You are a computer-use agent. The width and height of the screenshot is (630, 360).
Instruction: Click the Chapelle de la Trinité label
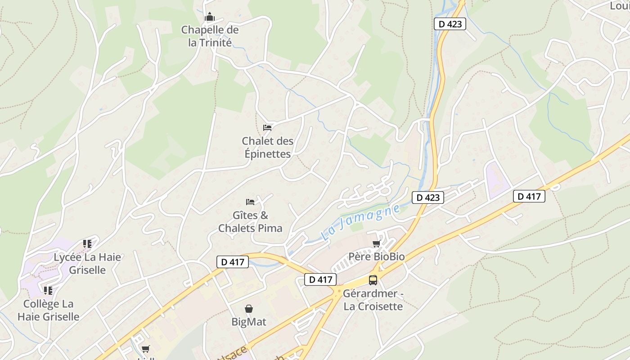(210, 36)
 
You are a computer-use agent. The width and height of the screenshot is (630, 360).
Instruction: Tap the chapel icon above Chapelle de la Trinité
(210, 18)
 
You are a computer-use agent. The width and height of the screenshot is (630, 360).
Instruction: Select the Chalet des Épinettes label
(267, 147)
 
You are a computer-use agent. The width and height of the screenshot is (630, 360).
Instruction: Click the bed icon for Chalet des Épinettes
(267, 128)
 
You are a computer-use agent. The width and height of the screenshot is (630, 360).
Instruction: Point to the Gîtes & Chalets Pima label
(250, 221)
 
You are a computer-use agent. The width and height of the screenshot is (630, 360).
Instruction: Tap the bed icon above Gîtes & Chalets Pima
(250, 202)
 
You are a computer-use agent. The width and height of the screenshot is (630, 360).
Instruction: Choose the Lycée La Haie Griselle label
(87, 263)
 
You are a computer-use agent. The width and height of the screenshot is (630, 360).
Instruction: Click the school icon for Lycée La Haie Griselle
(87, 244)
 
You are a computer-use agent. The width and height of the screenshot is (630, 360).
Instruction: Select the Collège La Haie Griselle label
(49, 310)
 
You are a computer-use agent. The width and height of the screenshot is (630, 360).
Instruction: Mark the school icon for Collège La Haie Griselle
(48, 291)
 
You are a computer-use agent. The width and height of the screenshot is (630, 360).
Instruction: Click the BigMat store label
(249, 322)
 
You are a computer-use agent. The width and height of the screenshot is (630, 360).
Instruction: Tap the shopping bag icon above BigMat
(249, 309)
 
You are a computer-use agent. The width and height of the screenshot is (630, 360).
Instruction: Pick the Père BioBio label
(377, 256)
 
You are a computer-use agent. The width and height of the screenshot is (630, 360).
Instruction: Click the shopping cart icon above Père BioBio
(377, 244)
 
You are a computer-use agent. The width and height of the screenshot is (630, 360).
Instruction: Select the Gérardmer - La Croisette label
(373, 300)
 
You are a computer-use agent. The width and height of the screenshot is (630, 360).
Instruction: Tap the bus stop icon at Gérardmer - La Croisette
(373, 280)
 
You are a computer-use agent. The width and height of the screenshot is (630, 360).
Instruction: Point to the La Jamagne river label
(360, 223)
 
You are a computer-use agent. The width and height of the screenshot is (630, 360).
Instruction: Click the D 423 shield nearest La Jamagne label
(428, 197)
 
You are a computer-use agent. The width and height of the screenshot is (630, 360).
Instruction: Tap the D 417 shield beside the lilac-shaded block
(529, 196)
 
